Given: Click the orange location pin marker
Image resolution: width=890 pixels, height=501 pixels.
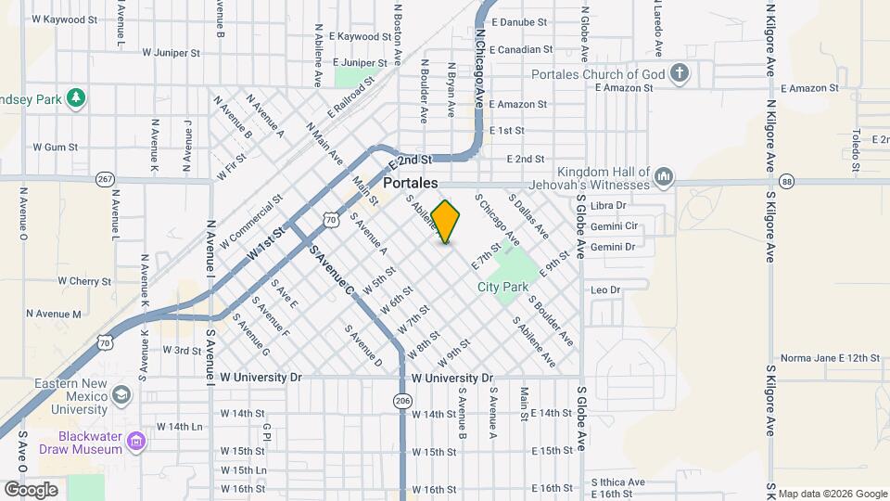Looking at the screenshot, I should point(446,221).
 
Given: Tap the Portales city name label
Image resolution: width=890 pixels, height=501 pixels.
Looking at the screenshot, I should point(410,184).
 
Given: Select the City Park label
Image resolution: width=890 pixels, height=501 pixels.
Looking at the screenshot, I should point(503,288).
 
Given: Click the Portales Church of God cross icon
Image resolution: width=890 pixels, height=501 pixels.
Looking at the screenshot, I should point(680,74).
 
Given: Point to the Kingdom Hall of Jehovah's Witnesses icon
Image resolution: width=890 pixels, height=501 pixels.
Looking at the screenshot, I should point(664,176).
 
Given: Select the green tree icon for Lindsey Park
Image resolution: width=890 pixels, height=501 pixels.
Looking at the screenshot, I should point(77,96).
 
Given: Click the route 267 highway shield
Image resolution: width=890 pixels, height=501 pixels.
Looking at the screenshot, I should point(105,178).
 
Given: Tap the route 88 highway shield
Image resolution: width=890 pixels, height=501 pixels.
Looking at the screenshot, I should point(787,181).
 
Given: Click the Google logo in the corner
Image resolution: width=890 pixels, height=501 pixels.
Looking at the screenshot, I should point(31,489).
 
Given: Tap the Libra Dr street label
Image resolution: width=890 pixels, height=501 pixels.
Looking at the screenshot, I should point(608,205).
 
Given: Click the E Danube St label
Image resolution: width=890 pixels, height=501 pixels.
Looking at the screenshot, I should point(522,21).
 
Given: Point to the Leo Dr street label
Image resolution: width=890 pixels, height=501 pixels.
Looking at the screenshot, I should point(605,290).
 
